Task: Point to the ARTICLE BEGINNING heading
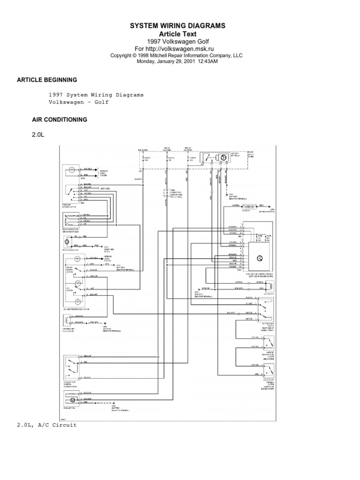(47, 80)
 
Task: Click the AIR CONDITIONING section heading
(59, 120)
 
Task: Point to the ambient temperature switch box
(269, 344)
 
